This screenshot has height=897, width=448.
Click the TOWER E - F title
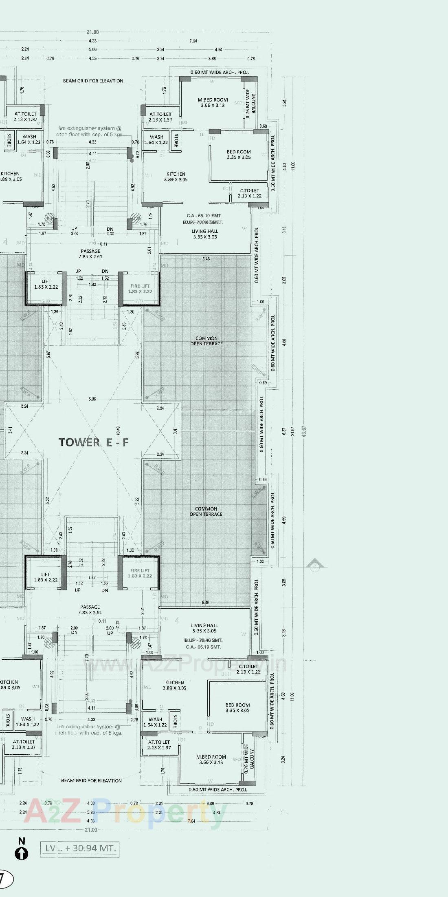pyautogui.click(x=93, y=442)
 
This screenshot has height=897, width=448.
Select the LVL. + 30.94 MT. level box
pyautogui.click(x=80, y=848)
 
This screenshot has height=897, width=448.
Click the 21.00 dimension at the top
pyautogui.click(x=92, y=32)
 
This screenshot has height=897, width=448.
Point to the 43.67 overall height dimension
pyautogui.click(x=303, y=432)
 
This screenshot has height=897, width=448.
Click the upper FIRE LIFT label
pyautogui.click(x=140, y=289)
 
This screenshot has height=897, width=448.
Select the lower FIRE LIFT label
pyautogui.click(x=140, y=573)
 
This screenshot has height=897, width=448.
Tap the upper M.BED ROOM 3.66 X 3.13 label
pyautogui.click(x=213, y=102)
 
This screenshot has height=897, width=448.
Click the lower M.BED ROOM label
pyautogui.click(x=211, y=759)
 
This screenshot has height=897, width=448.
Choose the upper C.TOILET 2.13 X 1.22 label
pyautogui.click(x=250, y=193)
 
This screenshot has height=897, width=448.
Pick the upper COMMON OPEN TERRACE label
pyautogui.click(x=206, y=341)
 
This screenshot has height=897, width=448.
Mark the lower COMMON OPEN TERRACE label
pyautogui.click(x=206, y=511)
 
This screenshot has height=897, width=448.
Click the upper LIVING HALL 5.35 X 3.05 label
pyautogui.click(x=204, y=234)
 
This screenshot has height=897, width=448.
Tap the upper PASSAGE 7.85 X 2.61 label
pyautogui.click(x=90, y=254)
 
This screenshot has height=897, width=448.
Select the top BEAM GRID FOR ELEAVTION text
pyautogui.click(x=93, y=81)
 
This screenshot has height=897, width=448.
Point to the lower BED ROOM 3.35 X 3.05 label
pyautogui.click(x=237, y=707)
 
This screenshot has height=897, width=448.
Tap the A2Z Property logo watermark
pyautogui.click(x=122, y=811)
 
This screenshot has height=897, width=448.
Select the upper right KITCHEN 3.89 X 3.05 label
pyautogui.click(x=176, y=177)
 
